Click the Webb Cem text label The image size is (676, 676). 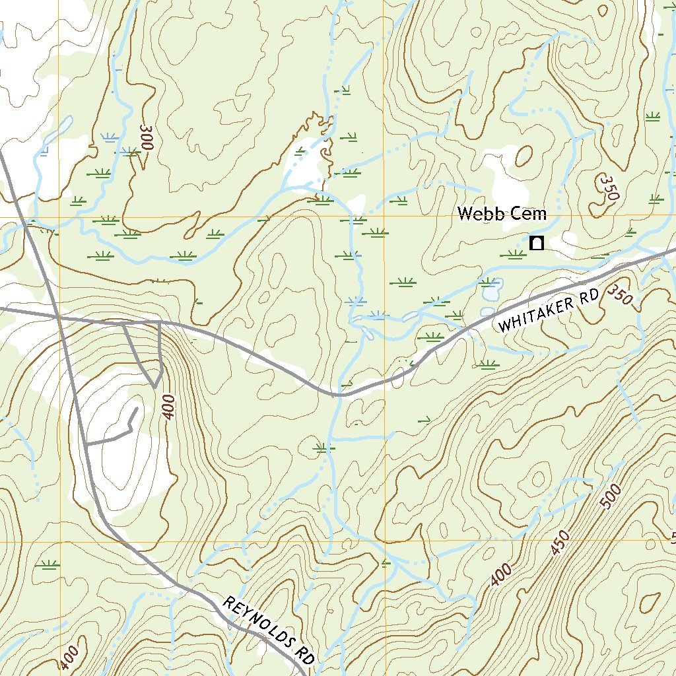502,214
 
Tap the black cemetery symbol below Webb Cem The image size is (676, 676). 537,243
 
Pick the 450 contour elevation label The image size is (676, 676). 559,540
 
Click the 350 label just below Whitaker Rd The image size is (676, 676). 620,294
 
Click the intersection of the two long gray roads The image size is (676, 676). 59,318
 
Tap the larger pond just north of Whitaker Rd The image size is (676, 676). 492,287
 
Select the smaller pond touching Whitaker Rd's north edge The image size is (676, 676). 487,311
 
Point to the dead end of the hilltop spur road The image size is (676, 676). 137,409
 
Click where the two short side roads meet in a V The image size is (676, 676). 154,386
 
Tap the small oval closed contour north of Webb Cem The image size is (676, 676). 524,156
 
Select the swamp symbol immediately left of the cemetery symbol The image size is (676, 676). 514,254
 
